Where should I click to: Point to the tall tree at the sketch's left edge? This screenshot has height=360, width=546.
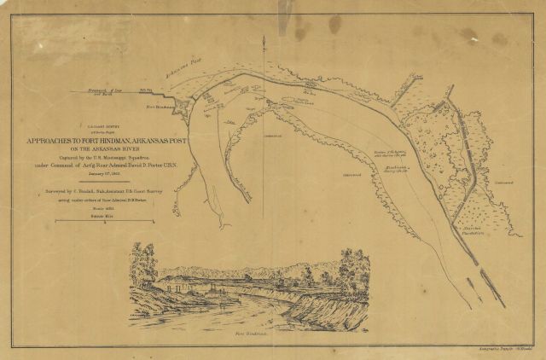[x=143, y=260]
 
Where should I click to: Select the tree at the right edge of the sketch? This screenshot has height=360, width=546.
[x=351, y=264]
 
